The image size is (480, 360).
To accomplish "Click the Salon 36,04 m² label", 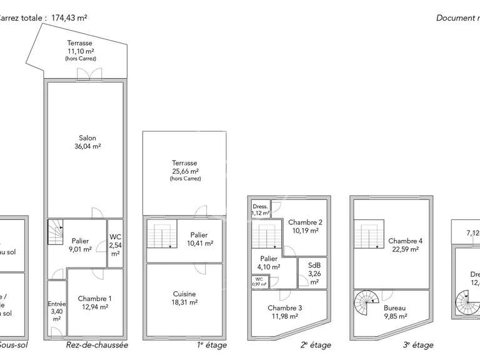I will pos(87,142).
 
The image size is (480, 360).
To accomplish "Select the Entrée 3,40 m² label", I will pos(56,311).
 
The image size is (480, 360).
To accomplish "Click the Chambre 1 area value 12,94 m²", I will pos(95,307).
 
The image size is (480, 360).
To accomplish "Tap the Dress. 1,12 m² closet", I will pos(260,209).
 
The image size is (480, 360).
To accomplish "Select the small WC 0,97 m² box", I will pos(259,282).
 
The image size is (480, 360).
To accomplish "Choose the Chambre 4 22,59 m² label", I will pos(405,245).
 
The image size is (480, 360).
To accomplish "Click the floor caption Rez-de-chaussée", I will pos(97,345).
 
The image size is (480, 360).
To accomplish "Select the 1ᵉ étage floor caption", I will pos(211,345).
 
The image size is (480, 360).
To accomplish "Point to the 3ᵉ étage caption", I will pos(417,345).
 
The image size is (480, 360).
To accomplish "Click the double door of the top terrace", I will pos(89,74).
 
